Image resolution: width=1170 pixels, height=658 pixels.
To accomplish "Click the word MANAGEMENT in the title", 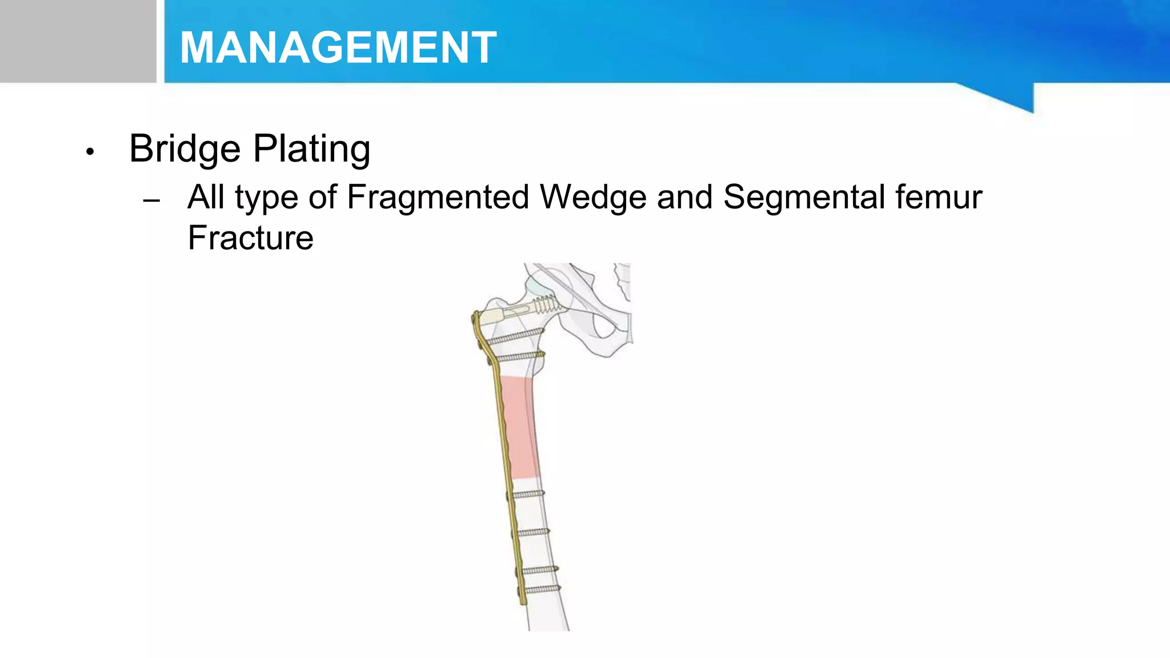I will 338,47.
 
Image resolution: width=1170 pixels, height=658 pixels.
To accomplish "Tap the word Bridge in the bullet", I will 185,149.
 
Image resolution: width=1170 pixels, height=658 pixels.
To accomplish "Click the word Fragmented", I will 438,197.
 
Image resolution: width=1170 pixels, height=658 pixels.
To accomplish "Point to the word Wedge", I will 593,197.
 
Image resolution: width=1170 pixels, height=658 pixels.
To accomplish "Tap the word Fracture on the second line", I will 250,238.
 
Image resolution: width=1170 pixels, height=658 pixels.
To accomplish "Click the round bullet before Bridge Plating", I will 89,152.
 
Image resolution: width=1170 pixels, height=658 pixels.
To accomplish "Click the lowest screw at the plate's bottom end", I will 542,589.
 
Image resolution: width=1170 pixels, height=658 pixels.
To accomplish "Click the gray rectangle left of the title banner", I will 78,41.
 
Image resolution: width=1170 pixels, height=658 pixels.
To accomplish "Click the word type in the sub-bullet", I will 266,198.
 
